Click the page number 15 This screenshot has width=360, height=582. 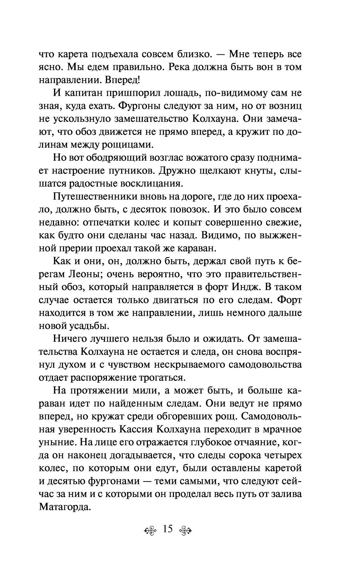point(168,529)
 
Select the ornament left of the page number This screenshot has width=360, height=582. point(151,530)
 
